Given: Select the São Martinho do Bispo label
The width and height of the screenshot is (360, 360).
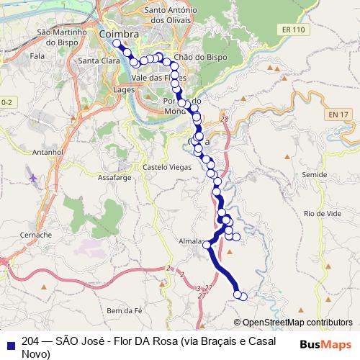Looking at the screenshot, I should point(62,37).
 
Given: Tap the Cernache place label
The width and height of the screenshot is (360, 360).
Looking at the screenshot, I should point(35,235).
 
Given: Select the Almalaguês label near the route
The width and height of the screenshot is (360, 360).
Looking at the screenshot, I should point(190,242).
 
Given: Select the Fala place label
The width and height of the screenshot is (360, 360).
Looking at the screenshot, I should point(37,55).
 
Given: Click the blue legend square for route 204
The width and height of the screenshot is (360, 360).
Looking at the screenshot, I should point(10,343).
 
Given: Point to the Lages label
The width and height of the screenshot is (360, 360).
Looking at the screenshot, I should point(123,89).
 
